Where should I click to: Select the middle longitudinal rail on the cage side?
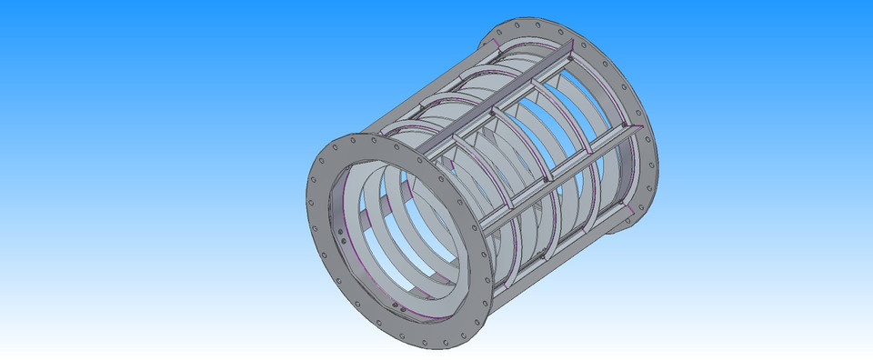(x=555, y=173)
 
